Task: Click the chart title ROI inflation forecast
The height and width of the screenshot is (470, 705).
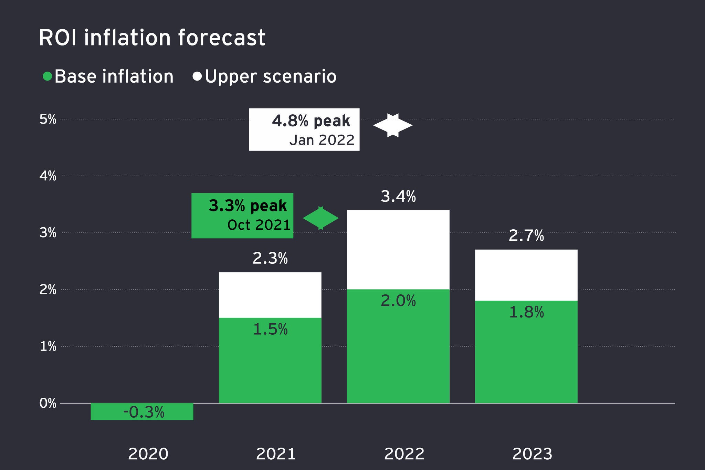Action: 152,38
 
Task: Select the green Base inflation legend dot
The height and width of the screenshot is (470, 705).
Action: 47,76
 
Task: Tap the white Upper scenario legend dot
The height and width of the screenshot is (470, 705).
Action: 197,76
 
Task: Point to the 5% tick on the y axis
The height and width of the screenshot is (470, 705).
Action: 48,119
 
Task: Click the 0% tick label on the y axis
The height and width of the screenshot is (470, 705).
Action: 48,403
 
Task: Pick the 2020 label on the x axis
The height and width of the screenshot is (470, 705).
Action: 148,454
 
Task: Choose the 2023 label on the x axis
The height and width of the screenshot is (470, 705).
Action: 532,454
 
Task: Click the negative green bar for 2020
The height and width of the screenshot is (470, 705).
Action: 142,411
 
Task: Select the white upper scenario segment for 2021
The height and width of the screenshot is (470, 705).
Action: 270,295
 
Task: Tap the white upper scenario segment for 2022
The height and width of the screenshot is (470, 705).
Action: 398,249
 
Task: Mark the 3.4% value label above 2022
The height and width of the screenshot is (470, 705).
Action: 398,197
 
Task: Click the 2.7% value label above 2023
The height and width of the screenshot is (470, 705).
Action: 526,236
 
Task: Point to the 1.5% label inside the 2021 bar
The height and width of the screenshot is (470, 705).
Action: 270,330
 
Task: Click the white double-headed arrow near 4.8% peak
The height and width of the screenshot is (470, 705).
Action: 393,125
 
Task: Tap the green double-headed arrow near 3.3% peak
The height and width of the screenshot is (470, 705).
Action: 321,218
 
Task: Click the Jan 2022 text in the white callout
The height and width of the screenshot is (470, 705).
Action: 322,140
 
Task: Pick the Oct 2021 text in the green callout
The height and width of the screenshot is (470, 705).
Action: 259,225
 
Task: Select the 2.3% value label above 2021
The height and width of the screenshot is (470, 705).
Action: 270,259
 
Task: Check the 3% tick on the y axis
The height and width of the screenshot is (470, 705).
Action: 48,233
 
